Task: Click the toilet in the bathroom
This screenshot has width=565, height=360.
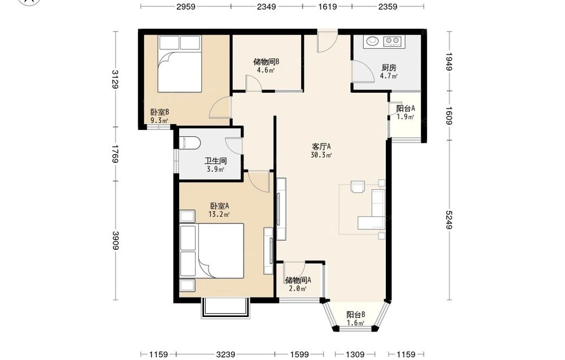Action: click(x=189, y=142)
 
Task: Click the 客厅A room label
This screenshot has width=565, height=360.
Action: click(x=321, y=147)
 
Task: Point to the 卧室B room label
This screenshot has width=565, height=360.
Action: click(x=160, y=112)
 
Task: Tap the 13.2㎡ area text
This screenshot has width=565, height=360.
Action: click(x=219, y=214)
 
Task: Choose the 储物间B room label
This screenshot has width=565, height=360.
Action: click(x=266, y=62)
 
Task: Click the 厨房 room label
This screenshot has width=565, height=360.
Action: click(x=389, y=67)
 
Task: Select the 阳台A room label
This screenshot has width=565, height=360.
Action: click(x=405, y=108)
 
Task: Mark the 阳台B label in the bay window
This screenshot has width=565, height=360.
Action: click(x=355, y=315)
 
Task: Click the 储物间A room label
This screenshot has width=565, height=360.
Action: click(x=298, y=280)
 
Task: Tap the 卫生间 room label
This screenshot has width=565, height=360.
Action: click(x=215, y=161)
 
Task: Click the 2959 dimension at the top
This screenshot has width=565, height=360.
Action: click(x=185, y=6)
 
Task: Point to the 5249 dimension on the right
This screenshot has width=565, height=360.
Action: click(x=448, y=220)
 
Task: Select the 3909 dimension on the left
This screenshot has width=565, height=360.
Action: click(x=115, y=240)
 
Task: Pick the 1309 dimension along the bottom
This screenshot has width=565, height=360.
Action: click(x=355, y=354)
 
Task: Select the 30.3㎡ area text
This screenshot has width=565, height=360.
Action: click(x=321, y=155)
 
